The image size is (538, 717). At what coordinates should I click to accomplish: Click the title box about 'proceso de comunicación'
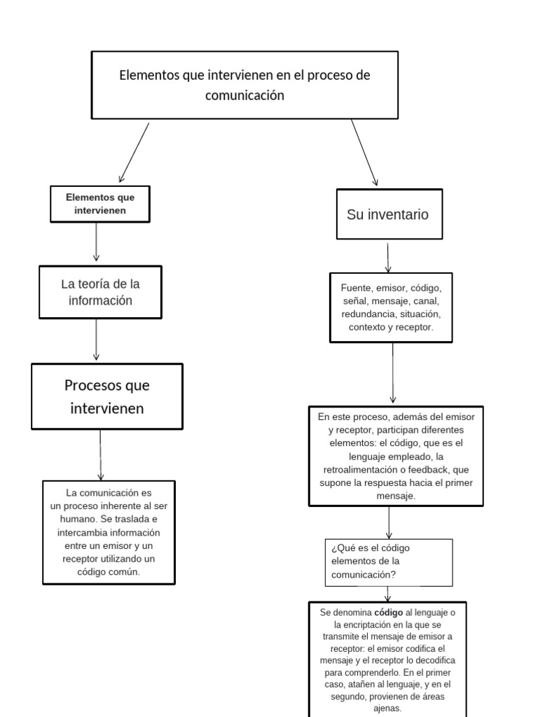tap(244, 85)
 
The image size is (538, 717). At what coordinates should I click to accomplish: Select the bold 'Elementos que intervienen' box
tap(99, 204)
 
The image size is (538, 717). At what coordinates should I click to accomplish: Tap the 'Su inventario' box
tap(389, 214)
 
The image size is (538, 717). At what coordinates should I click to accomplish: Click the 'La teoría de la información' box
tap(100, 292)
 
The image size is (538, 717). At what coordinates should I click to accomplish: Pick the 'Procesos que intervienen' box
tap(106, 396)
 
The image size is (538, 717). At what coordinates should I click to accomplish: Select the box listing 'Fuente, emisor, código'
tap(391, 307)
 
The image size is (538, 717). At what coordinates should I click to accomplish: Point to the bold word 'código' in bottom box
tap(389, 612)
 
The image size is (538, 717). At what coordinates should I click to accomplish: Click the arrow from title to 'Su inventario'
tap(364, 152)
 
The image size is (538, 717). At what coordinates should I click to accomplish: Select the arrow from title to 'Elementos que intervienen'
tap(134, 152)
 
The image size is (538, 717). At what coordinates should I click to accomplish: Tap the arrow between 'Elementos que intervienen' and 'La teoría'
tap(96, 243)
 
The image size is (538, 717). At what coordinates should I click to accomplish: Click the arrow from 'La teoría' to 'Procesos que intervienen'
tap(96, 340)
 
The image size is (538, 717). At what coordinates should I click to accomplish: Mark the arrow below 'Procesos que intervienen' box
tap(100, 454)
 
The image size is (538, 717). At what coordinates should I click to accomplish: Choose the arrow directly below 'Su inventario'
tap(388, 257)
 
